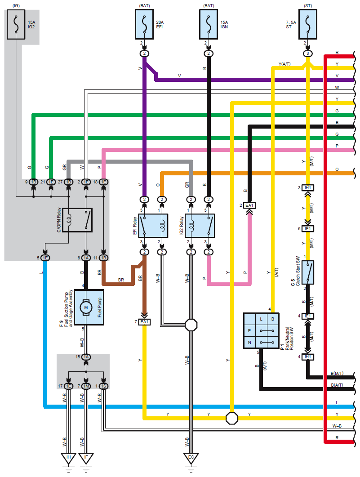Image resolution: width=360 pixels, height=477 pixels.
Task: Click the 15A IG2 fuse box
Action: click(x=16, y=24)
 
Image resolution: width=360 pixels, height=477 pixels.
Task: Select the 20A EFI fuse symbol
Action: click(x=144, y=24)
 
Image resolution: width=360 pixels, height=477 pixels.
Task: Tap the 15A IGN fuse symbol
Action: click(x=209, y=24)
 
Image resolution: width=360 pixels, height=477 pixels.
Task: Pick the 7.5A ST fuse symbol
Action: click(x=308, y=24)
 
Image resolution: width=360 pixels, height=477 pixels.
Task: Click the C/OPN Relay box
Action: click(x=77, y=220)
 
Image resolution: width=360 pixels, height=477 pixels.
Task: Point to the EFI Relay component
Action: click(x=153, y=226)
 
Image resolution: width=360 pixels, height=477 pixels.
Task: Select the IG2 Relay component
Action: click(x=200, y=226)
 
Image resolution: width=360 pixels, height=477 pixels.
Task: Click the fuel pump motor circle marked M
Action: click(x=86, y=307)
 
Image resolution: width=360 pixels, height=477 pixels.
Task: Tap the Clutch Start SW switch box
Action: click(x=308, y=272)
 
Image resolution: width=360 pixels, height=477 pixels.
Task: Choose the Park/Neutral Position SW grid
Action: click(x=261, y=331)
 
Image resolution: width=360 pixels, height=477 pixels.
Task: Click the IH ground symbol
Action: click(x=69, y=459)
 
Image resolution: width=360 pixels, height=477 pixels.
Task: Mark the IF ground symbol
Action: click(x=86, y=459)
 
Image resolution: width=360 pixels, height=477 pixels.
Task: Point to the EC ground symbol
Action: click(x=191, y=459)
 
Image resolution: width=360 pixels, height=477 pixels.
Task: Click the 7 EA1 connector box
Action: click(x=144, y=322)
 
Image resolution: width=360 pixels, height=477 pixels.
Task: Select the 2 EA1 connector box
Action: click(x=249, y=205)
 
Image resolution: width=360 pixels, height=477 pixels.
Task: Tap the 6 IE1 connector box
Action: click(x=308, y=228)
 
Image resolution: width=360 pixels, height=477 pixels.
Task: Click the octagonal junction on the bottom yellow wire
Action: click(x=232, y=418)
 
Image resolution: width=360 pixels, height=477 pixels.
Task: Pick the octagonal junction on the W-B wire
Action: click(x=191, y=325)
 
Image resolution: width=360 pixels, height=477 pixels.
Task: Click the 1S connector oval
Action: click(x=104, y=386)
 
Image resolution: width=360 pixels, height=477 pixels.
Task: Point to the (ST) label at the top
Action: click(x=308, y=6)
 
